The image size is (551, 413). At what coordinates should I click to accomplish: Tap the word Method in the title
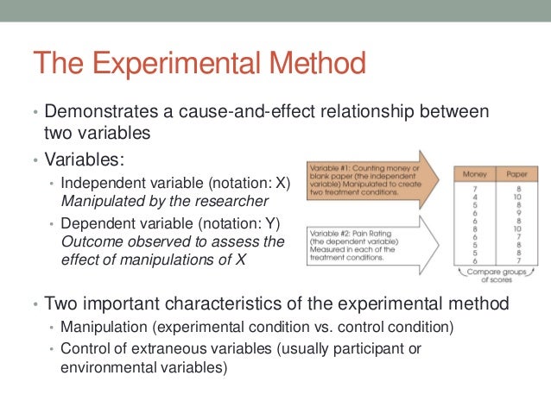click(317, 65)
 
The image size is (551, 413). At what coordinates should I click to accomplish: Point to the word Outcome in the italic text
click(89, 242)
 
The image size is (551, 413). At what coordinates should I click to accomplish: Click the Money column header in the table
click(474, 174)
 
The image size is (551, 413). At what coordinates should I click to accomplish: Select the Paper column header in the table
click(516, 174)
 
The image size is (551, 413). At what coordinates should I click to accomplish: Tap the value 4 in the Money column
click(474, 197)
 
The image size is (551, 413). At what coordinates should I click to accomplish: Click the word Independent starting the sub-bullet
click(98, 185)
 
